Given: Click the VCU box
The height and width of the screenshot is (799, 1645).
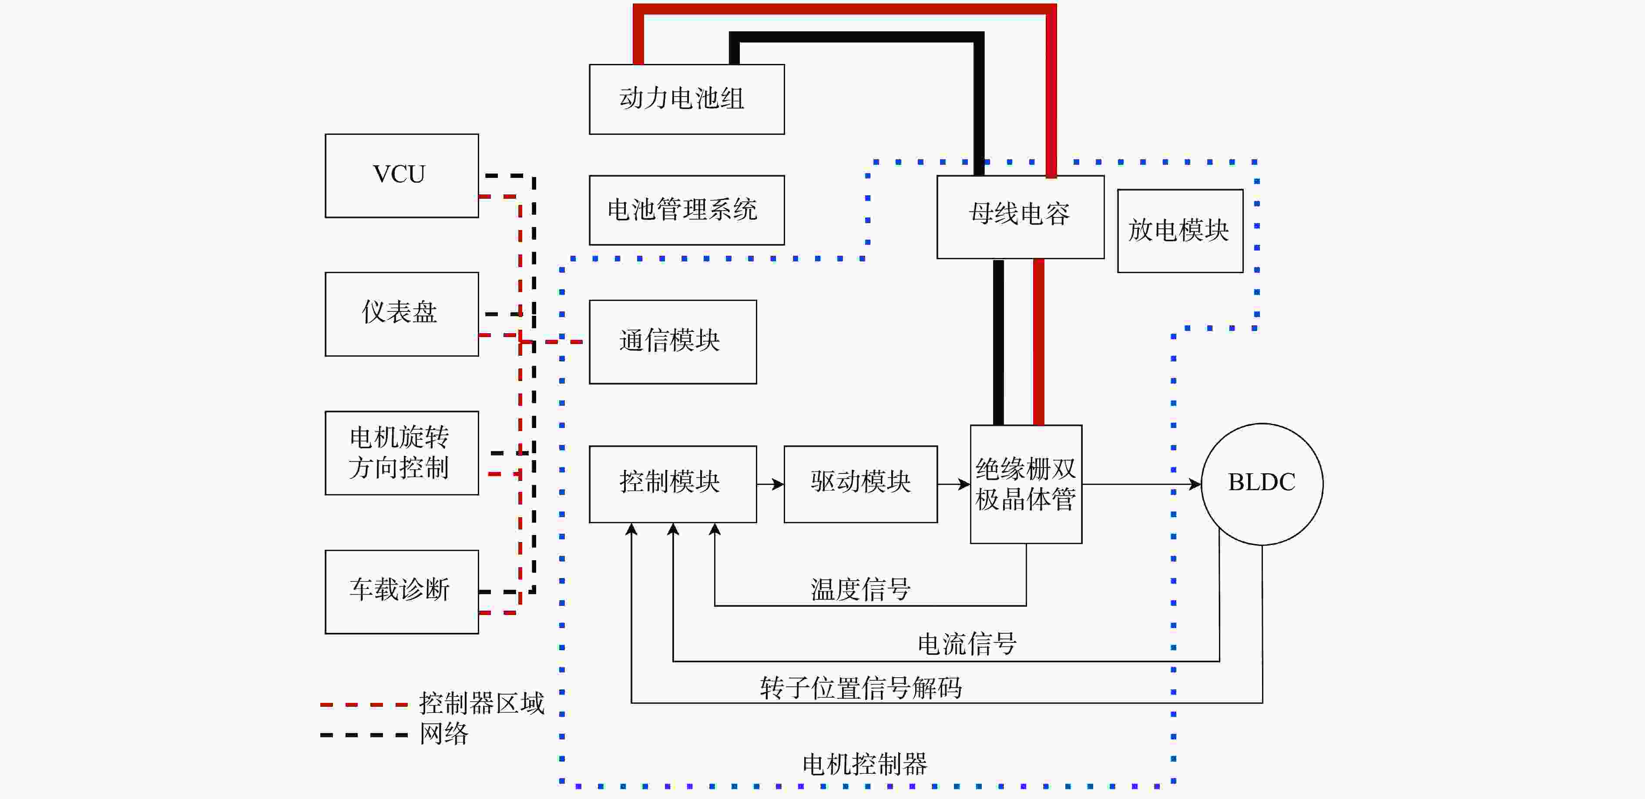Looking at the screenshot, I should (x=401, y=175).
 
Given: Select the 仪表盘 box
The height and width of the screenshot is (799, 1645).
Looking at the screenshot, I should (x=401, y=314).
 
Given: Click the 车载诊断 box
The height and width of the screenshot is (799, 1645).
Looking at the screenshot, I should (x=401, y=591).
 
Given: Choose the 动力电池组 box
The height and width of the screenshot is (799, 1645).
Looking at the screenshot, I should (x=686, y=99).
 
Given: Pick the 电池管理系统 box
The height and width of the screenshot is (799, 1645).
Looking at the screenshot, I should (x=686, y=210).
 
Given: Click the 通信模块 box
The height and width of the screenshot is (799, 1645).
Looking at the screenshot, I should (x=672, y=341).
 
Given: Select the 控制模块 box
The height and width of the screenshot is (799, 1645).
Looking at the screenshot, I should (x=672, y=484).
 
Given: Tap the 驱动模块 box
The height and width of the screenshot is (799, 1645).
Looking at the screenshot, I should (x=860, y=484).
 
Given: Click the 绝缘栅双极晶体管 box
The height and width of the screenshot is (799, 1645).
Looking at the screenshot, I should (x=1026, y=484).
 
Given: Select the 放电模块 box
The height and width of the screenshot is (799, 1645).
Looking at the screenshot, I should (x=1179, y=231).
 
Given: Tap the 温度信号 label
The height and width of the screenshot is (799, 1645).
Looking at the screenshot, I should (x=860, y=589).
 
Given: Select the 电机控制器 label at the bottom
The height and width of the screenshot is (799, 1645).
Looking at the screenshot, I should (x=864, y=764).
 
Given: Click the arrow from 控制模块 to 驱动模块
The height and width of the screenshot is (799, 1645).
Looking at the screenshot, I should (x=770, y=485).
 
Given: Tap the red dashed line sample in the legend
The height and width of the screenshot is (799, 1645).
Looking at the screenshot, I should (x=363, y=705).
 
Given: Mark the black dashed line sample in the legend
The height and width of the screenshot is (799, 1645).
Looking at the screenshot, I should (x=363, y=735).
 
